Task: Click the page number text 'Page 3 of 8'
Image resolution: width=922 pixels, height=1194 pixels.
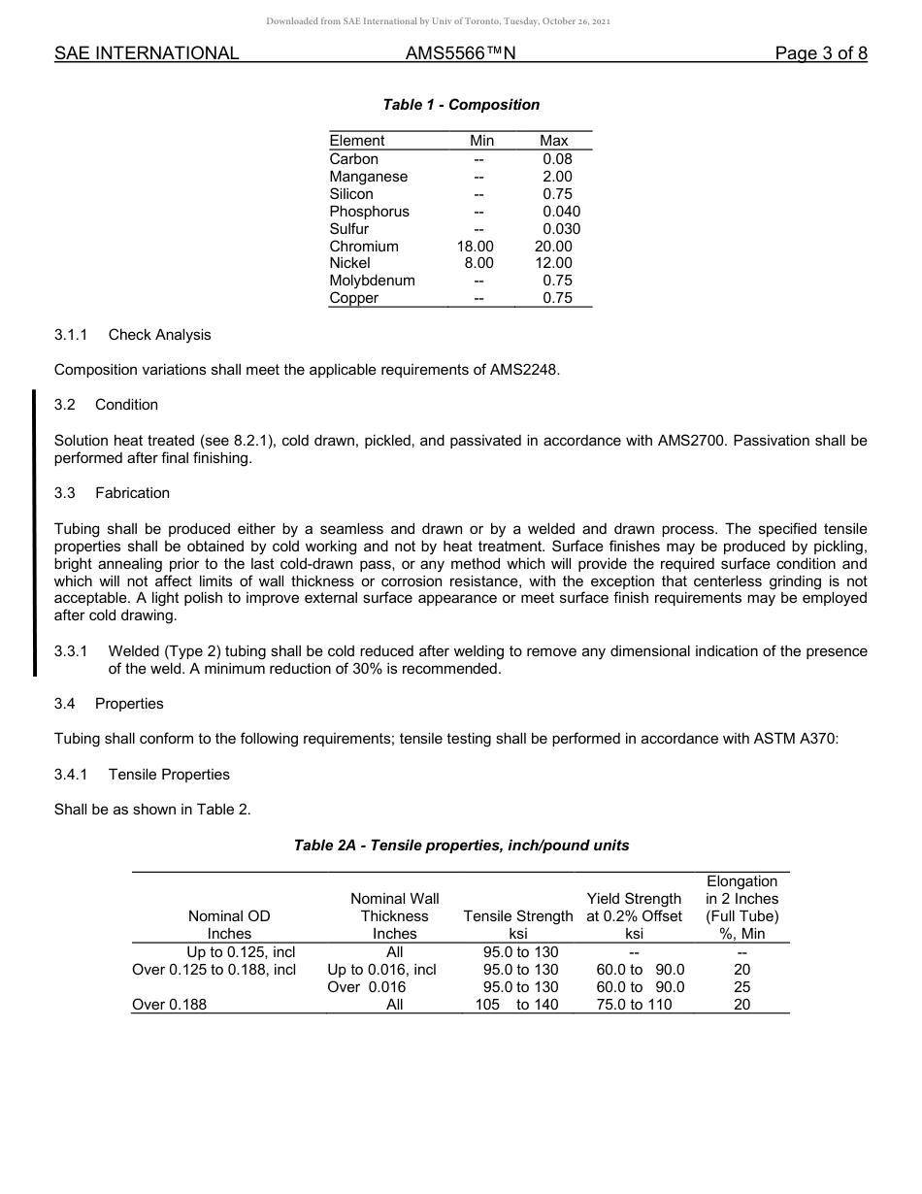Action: pos(820,53)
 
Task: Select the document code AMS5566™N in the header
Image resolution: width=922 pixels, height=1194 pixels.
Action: pos(460,53)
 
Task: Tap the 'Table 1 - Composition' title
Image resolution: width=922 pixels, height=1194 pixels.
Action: pos(461,105)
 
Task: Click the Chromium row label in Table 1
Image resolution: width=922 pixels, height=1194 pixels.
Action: pos(364,247)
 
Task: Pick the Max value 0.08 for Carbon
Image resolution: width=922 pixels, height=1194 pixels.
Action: pos(557,159)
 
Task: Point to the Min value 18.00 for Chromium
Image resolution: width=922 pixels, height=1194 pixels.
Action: pos(476,247)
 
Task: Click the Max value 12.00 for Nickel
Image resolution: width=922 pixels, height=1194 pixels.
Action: pos(554,263)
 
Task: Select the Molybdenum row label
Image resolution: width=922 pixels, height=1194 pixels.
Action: pos(372,281)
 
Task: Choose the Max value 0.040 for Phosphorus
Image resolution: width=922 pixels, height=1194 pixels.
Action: pos(561,212)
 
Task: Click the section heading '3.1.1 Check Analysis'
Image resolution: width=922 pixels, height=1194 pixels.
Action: pos(132,335)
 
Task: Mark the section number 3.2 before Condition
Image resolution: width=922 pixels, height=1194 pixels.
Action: pos(65,405)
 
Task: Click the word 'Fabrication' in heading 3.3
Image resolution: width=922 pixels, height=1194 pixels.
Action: pos(132,493)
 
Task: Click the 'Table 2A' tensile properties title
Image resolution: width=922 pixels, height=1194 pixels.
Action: pos(461,846)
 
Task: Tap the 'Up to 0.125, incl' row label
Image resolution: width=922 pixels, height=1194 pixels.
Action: pos(241,952)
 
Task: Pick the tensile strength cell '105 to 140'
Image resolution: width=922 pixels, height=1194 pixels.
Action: pos(516,1005)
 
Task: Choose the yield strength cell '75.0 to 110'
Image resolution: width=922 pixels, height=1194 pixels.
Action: pos(634,1005)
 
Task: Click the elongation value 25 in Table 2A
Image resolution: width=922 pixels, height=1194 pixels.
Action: pos(742,987)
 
